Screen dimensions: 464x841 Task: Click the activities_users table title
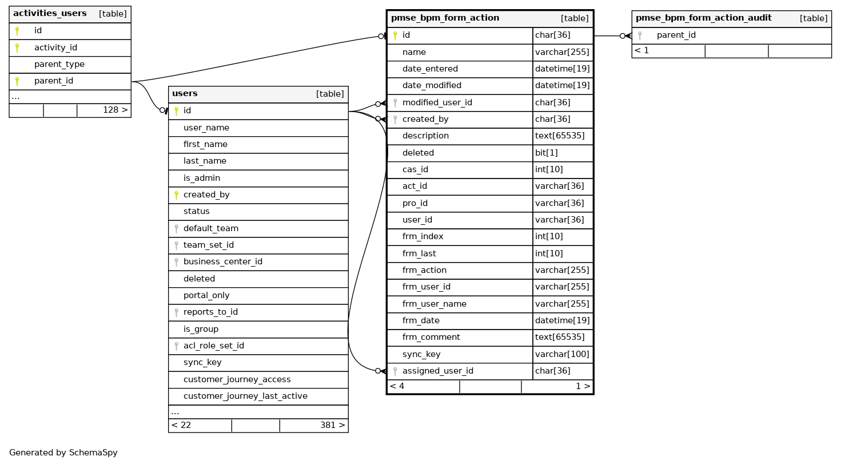[50, 13]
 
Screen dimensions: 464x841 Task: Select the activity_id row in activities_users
[55, 47]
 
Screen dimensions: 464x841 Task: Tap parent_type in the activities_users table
[59, 64]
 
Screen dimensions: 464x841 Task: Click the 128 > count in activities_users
[115, 109]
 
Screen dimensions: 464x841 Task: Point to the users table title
[185, 94]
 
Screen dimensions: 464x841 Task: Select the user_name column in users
[206, 128]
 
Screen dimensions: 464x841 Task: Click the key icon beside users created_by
[176, 195]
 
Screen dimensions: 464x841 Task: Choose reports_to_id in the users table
[210, 312]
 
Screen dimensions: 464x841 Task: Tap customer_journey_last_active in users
[245, 396]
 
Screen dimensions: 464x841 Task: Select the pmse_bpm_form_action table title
[445, 18]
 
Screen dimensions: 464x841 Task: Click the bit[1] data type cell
[547, 153]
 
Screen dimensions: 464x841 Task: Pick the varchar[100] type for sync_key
[562, 354]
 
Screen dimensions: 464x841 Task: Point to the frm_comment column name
[431, 338]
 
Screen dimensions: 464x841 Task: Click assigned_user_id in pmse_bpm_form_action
[437, 371]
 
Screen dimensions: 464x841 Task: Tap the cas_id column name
[415, 169]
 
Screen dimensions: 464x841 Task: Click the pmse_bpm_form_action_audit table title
[703, 18]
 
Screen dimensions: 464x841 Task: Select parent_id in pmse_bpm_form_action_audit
[676, 35]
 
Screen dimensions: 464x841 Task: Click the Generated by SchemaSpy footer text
[63, 453]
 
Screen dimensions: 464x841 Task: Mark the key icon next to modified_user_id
[394, 103]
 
